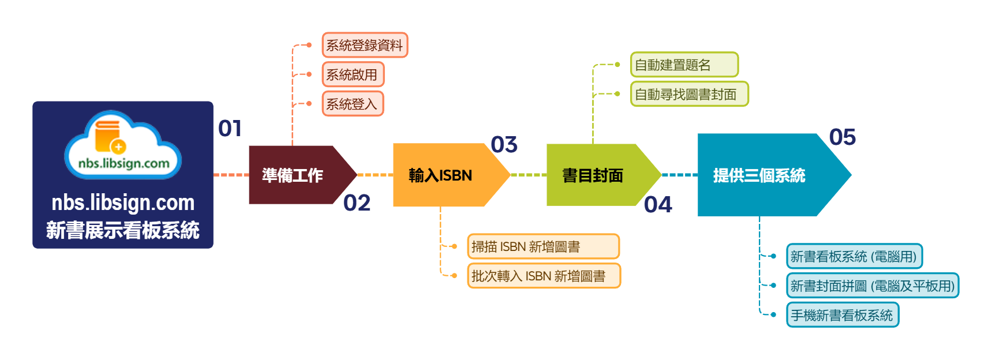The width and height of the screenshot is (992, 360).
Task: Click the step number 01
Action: [x=230, y=128]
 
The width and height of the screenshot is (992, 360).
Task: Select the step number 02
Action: [x=357, y=202]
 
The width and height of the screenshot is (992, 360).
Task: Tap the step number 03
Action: [x=504, y=144]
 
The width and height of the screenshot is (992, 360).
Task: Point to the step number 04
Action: [x=658, y=204]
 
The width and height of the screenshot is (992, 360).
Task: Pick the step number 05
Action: [x=842, y=137]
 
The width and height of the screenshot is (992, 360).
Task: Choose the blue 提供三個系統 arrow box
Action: [x=762, y=175]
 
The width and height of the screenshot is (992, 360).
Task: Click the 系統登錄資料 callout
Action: [x=364, y=45]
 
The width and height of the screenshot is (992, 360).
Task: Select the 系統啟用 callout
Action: [x=353, y=74]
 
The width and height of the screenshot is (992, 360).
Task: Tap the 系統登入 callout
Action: [x=352, y=104]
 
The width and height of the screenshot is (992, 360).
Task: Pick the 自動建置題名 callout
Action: [x=683, y=65]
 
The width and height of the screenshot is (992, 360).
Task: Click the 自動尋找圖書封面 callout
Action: [x=689, y=94]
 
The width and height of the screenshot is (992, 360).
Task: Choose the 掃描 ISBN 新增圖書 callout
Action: [x=542, y=246]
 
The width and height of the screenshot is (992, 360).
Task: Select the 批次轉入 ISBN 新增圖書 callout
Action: [x=543, y=276]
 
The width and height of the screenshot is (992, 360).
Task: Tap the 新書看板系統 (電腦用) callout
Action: [x=854, y=257]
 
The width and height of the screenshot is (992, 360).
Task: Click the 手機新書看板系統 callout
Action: [x=842, y=315]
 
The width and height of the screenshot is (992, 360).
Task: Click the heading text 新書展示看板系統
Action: [x=123, y=230]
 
